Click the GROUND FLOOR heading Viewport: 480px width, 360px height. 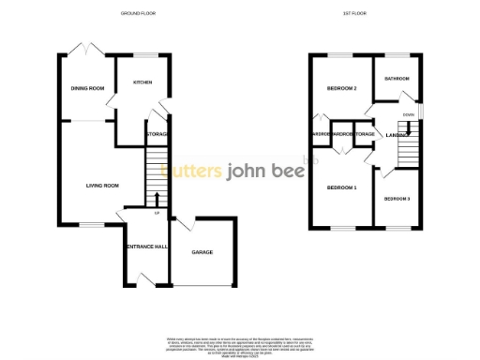pyautogui.click(x=139, y=14)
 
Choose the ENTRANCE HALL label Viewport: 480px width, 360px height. pyautogui.click(x=146, y=247)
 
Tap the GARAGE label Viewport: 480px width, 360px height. pyautogui.click(x=202, y=253)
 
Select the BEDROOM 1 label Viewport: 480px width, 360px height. pyautogui.click(x=341, y=188)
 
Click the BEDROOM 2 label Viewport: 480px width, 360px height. pyautogui.click(x=341, y=88)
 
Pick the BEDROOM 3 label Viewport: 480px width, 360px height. pyautogui.click(x=397, y=199)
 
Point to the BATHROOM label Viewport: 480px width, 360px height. pyautogui.click(x=397, y=79)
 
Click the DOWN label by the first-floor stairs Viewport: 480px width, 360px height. pyautogui.click(x=408, y=114)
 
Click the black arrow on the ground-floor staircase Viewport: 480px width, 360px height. pyautogui.click(x=156, y=198)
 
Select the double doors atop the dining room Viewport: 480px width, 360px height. pyautogui.click(x=86, y=49)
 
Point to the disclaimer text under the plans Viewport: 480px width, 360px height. pyautogui.click(x=239, y=343)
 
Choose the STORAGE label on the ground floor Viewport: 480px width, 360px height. pyautogui.click(x=156, y=135)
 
